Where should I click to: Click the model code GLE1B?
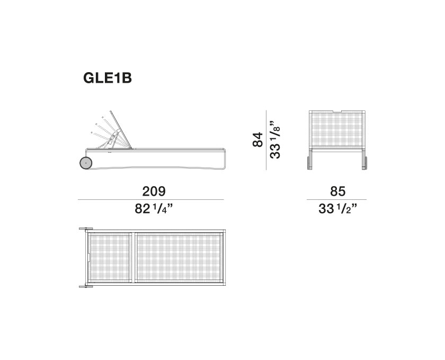(106, 78)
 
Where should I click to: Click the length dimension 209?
(150, 191)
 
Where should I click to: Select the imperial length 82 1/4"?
(151, 209)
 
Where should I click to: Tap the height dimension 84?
(257, 140)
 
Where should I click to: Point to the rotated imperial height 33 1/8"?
(274, 139)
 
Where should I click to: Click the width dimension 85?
(337, 191)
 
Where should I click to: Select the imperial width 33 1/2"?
(337, 209)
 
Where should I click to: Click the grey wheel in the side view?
(85, 163)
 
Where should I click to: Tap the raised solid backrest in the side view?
(120, 130)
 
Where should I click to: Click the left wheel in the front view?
(309, 163)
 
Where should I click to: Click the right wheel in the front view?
(364, 163)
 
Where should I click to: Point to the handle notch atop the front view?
(337, 112)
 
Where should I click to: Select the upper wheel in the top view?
(83, 229)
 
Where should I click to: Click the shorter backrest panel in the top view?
(111, 258)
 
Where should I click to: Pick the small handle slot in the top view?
(89, 258)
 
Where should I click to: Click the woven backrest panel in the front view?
(337, 128)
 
